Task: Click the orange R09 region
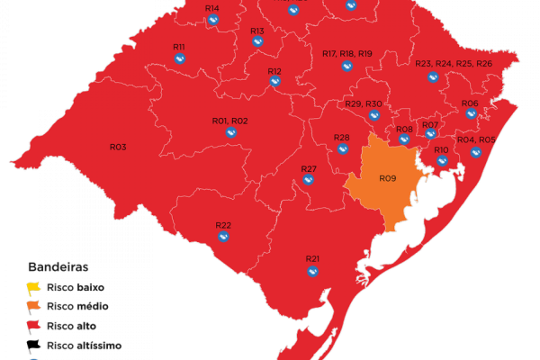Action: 382,184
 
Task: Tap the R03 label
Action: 118,147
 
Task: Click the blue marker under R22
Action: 223,237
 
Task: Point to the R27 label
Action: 309,168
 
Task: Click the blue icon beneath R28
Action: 342,149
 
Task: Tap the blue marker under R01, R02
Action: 231,132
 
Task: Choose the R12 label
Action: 274,70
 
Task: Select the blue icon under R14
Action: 212,20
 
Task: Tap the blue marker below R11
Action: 180,59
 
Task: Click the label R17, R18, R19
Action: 346,54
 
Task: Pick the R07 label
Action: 430,124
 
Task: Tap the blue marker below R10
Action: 442,161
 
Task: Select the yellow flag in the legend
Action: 34,288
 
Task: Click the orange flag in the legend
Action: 34,307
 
